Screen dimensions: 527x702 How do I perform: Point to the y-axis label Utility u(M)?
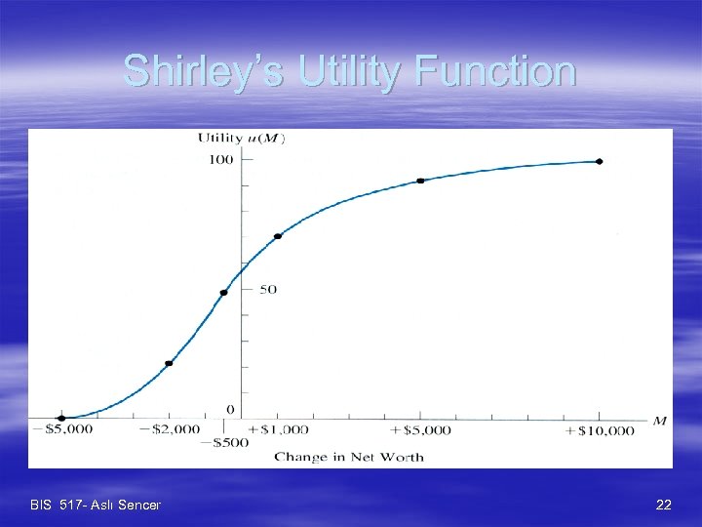coord(241,138)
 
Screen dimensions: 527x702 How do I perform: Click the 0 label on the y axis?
coord(230,409)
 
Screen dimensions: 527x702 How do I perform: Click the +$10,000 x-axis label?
coord(599,429)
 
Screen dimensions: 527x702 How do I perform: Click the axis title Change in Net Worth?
coord(348,457)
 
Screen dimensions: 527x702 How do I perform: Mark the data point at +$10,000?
coord(599,161)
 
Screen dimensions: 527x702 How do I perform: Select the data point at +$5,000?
coord(420,181)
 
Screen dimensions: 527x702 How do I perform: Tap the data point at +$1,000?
coord(278,236)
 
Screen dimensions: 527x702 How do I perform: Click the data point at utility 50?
coord(223,293)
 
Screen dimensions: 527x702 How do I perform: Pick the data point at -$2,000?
coord(169,363)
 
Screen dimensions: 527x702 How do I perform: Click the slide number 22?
coord(664,505)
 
